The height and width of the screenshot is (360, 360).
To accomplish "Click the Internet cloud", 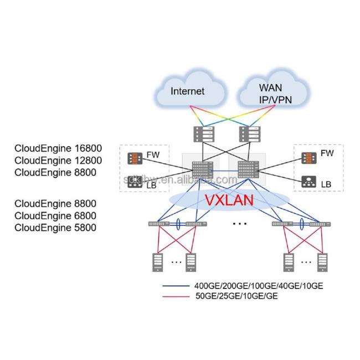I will (188, 91).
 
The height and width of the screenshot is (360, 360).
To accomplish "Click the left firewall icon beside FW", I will (134, 157).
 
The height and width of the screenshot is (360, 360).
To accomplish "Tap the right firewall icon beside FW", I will (306, 157).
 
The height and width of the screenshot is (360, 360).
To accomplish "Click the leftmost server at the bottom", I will (157, 262).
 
